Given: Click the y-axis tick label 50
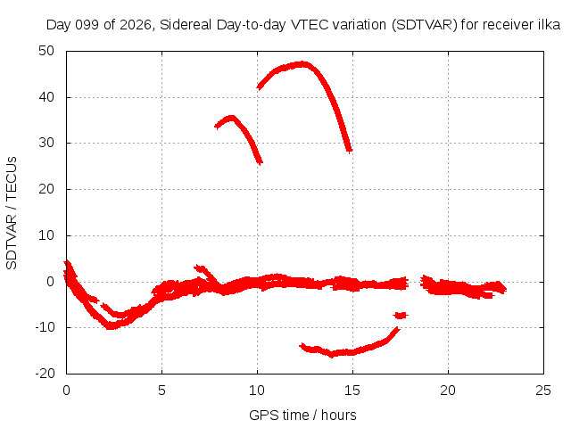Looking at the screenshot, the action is (46, 51).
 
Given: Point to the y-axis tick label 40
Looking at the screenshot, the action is (46, 97).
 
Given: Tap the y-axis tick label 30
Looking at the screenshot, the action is (46, 143).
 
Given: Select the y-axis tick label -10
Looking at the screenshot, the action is (44, 327).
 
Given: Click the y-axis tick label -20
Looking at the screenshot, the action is (44, 374).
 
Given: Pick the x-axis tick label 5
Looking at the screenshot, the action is (161, 391).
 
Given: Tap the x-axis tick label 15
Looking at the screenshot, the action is (352, 391).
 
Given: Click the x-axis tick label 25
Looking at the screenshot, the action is (543, 391).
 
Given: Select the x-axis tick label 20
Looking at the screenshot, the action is (448, 391).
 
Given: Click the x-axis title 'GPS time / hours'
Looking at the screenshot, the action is (302, 415).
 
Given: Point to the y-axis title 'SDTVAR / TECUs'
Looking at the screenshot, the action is (12, 213).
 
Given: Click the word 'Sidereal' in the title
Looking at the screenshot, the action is (186, 25).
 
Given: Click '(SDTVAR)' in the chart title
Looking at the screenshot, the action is (425, 25).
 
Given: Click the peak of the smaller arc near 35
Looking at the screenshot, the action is (231, 118).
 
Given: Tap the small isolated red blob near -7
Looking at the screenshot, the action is (401, 315).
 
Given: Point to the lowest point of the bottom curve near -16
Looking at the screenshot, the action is (332, 354).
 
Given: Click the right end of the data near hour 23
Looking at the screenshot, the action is (505, 289).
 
